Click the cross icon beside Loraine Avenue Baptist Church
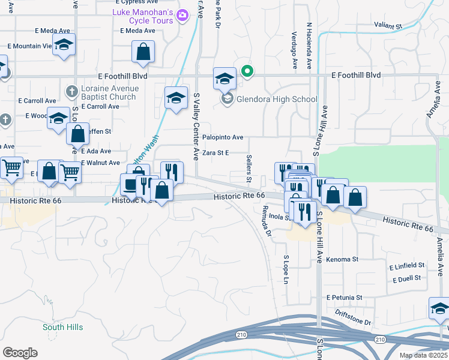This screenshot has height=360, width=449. [71, 92]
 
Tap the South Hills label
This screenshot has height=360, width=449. [62, 327]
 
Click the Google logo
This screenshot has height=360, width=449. [20, 353]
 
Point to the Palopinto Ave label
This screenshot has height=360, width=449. [222, 137]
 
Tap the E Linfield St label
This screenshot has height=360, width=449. [406, 265]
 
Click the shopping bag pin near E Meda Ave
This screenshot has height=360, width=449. [143, 53]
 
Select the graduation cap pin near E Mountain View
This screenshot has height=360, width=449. [64, 46]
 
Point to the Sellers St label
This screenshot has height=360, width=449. [248, 169]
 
